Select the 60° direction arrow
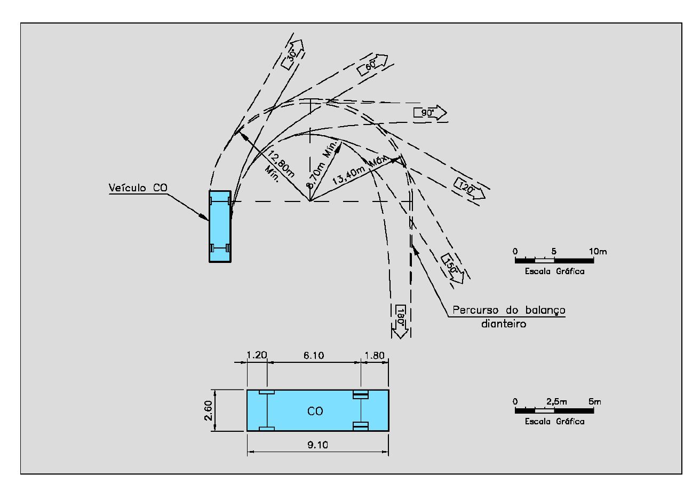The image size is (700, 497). click(x=372, y=65)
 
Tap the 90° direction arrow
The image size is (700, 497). click(x=430, y=113)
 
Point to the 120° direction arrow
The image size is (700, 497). click(x=470, y=188)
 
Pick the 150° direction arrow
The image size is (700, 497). click(x=452, y=268)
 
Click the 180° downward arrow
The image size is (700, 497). click(x=400, y=321)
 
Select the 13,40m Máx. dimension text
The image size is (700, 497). click(x=360, y=170)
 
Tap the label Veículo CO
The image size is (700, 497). click(x=138, y=188)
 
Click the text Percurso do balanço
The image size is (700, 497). click(x=509, y=310)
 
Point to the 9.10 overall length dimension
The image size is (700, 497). click(x=318, y=445)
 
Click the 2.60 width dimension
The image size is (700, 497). click(x=209, y=410)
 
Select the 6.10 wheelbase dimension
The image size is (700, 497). click(x=314, y=355)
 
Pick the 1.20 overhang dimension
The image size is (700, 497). click(x=257, y=355)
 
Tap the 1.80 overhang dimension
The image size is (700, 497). click(x=375, y=355)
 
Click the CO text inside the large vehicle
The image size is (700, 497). click(x=315, y=411)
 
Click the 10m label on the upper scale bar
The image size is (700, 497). click(x=598, y=251)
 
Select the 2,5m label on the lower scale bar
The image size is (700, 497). click(x=556, y=401)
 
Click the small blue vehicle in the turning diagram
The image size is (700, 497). click(x=220, y=226)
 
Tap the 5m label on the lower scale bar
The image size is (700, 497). click(x=595, y=401)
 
